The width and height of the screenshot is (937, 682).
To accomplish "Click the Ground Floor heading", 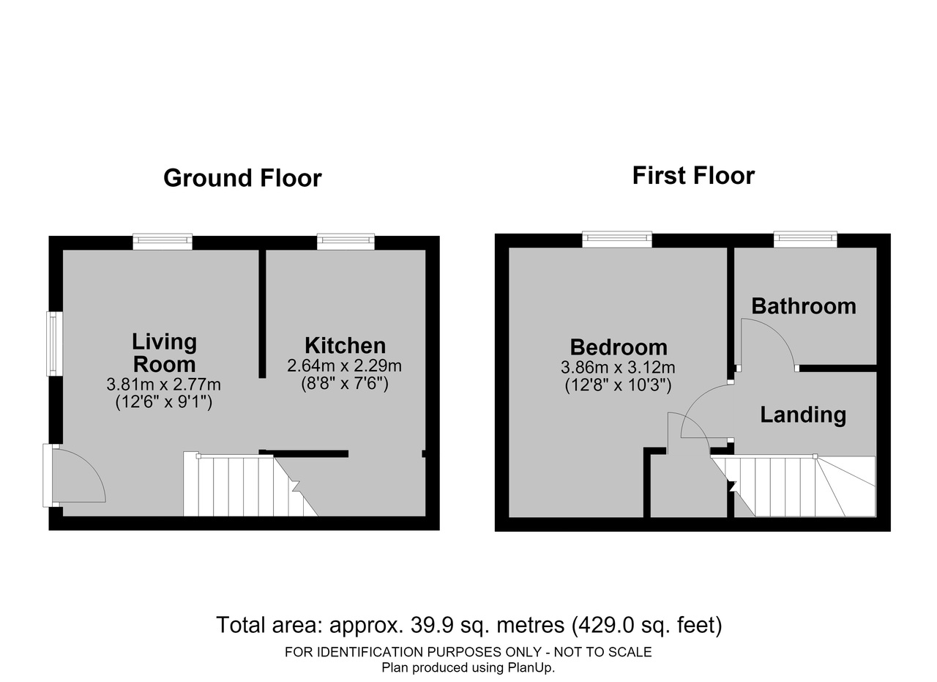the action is (x=242, y=178).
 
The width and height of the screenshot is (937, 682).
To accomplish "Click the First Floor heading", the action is (x=693, y=176).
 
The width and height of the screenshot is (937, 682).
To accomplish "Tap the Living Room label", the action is (x=165, y=353).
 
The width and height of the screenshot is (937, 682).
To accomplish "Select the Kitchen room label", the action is (x=345, y=346).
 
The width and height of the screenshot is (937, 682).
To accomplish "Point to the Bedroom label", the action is (x=619, y=347).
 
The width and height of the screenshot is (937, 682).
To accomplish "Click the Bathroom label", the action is (x=804, y=306).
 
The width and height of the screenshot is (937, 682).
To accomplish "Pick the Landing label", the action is (x=803, y=415).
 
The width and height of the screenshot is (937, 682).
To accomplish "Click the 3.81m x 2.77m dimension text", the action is (x=163, y=385).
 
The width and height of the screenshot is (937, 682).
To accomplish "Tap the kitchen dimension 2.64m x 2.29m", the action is (x=344, y=366).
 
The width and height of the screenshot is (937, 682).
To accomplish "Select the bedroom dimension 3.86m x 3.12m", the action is (x=618, y=368).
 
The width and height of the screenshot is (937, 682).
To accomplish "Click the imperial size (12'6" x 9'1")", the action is (x=163, y=402).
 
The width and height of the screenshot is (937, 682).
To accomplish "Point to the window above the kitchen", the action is (x=346, y=241).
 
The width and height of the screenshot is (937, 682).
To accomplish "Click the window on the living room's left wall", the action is (x=54, y=344).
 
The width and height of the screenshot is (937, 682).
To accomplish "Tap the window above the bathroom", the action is (x=805, y=239).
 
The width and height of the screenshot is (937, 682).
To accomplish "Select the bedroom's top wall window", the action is (x=617, y=239).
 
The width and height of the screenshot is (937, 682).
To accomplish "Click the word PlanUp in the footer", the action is (x=531, y=667).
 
